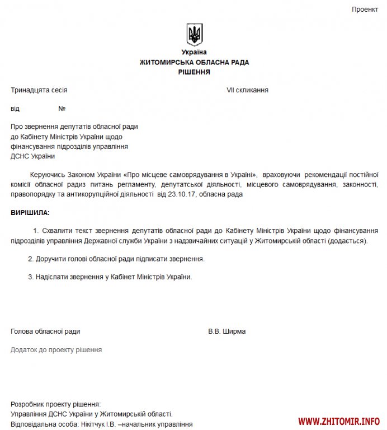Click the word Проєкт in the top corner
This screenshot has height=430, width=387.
coord(365,10)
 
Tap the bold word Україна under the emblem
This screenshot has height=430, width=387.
coord(194,52)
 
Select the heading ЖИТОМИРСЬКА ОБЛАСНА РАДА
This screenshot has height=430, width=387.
coord(194,62)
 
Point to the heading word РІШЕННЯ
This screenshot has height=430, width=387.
coord(194,72)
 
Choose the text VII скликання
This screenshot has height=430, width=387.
coord(247,90)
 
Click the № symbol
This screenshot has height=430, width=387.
coord(62,109)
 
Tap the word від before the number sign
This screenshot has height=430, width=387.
coord(15,109)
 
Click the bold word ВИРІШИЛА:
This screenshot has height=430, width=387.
coord(30,213)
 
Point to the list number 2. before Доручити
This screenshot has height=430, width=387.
coord(31,259)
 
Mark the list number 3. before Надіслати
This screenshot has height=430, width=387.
coord(31,277)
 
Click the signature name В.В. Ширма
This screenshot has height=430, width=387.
coord(226,331)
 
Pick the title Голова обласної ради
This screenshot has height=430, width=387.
coord(45,331)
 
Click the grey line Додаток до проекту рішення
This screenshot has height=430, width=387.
coord(56,349)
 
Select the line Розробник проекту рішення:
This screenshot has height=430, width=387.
coord(56,404)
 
